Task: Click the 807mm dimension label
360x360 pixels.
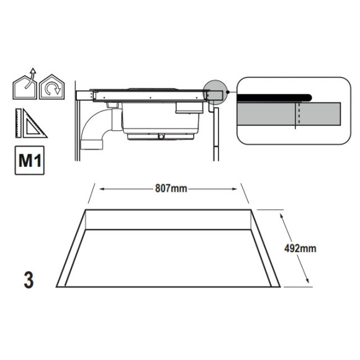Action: click(171, 189)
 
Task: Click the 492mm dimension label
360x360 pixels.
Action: click(300, 248)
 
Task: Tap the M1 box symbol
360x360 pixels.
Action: click(30, 160)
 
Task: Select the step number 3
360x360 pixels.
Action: click(29, 280)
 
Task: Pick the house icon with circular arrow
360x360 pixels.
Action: click(52, 87)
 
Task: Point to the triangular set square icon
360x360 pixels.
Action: click(34, 124)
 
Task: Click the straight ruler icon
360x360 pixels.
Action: click(19, 123)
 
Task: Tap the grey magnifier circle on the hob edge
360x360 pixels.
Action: click(215, 92)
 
